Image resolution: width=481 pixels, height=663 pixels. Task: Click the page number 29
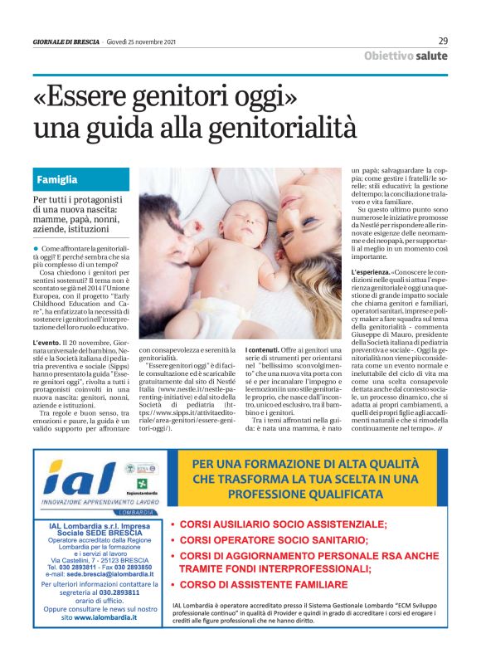point(443,41)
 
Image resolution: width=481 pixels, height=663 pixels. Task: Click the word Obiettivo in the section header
point(389,56)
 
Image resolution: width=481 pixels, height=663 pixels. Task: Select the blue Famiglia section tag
point(57,179)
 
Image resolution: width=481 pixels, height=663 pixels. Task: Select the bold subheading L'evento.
point(47,342)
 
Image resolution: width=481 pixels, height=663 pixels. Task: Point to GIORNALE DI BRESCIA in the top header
point(66,41)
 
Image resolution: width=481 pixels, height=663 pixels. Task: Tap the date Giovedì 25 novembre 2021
point(145,41)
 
